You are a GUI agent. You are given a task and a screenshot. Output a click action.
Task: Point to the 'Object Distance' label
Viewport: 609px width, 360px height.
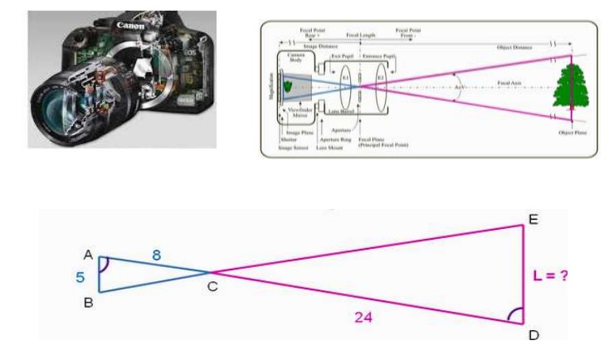coord(519,48)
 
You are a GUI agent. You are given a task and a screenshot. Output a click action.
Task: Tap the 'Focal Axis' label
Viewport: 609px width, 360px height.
coord(509,84)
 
